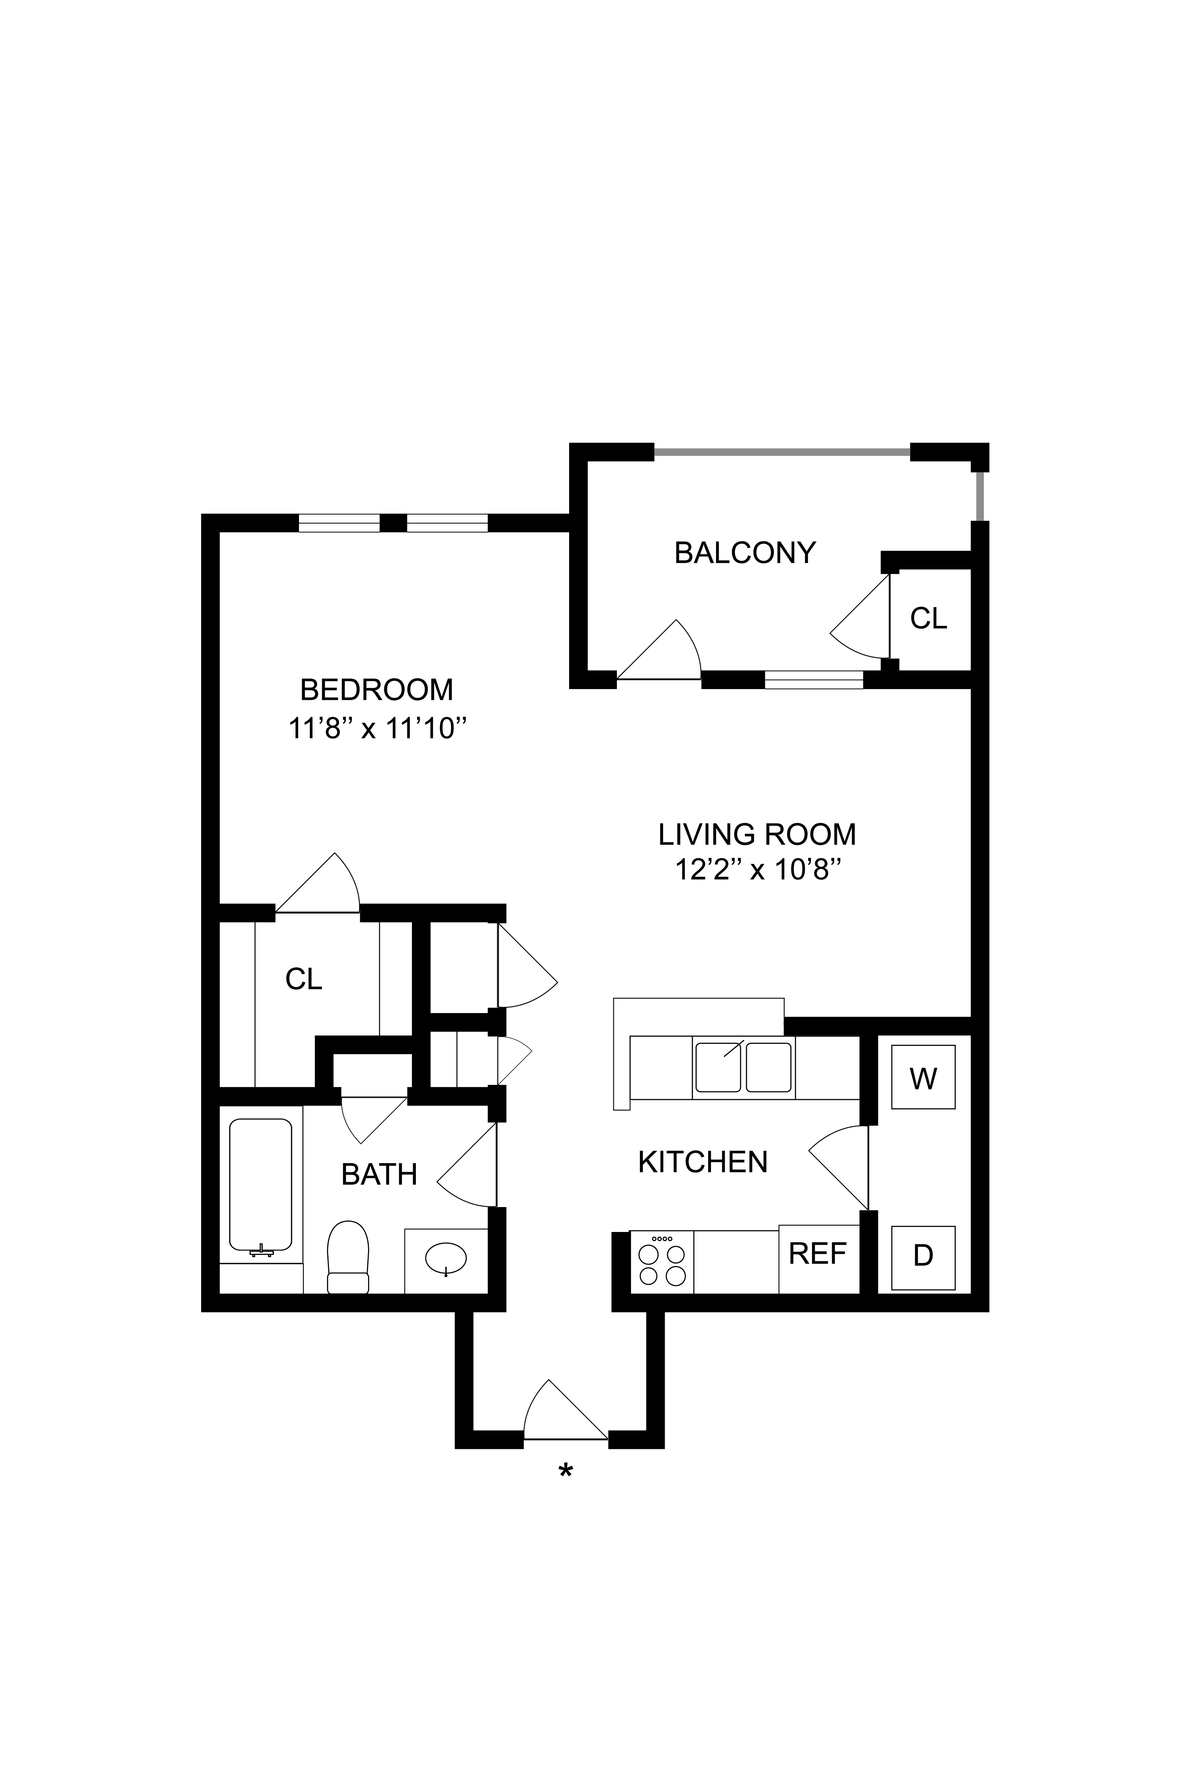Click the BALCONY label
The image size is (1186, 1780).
(745, 553)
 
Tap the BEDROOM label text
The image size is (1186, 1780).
(377, 690)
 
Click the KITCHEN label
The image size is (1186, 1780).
(703, 1162)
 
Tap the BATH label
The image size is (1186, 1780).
(379, 1174)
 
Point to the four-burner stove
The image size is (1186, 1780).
(662, 1262)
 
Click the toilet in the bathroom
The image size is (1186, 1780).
(348, 1256)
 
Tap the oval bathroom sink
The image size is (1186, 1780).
(446, 1259)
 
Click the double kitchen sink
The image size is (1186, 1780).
(744, 1067)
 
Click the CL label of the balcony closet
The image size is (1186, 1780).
(929, 619)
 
